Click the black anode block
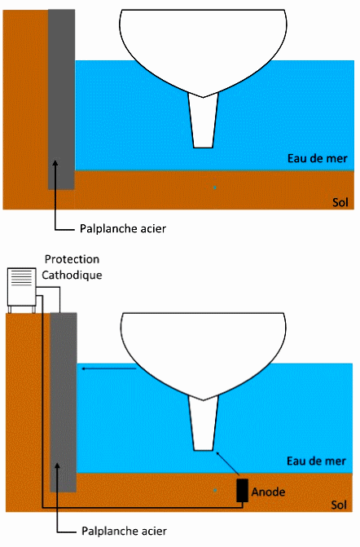(242, 490)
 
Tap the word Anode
(268, 492)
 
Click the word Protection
(72, 259)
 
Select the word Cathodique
(72, 275)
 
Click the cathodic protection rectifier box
(22, 289)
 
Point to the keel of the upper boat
(203, 121)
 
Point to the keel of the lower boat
(204, 423)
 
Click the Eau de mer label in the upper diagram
(317, 158)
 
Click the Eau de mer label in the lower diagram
(317, 461)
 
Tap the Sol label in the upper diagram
(340, 202)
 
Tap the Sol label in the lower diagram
(339, 505)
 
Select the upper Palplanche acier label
(123, 229)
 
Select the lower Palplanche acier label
(124, 532)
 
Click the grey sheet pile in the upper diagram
(61, 99)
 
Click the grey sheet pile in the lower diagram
(64, 402)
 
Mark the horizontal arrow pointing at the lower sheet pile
(108, 368)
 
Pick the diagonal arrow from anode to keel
(228, 463)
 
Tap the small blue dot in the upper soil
(215, 187)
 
